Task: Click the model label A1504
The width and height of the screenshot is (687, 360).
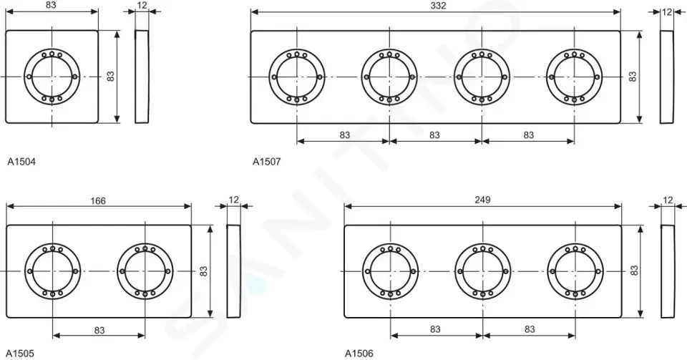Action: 21,162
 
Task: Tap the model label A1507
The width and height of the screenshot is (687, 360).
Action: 266,162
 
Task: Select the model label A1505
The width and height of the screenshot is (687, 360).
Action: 20,353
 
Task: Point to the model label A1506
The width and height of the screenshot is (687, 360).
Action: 359,353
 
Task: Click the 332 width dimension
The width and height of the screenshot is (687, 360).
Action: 438,5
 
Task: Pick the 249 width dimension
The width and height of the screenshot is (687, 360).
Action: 482,200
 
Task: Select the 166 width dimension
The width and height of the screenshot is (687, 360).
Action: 98,200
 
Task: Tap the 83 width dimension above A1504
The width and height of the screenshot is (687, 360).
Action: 51,5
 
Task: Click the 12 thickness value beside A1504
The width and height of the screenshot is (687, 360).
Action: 142,5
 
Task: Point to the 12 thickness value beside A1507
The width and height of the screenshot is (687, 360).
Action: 667,12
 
